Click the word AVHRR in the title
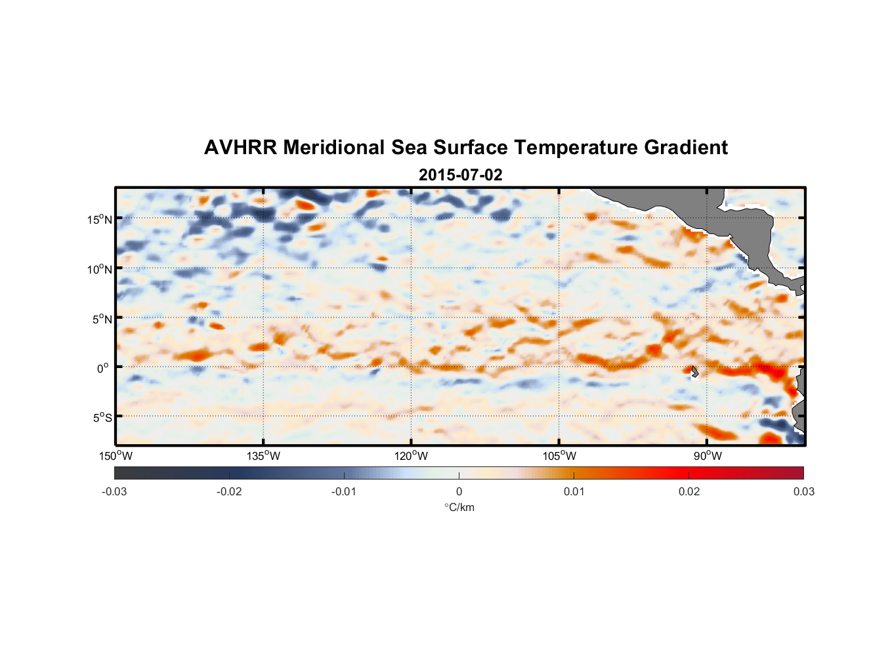[x=241, y=148]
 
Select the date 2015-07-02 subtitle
[x=460, y=175]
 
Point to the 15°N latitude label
[x=100, y=219]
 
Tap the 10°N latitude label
[x=100, y=269]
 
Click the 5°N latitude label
[x=102, y=319]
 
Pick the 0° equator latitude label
[x=103, y=369]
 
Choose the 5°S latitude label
[x=102, y=418]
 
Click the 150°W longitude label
[x=116, y=456]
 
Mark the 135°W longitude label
[x=264, y=456]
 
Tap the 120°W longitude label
[x=412, y=456]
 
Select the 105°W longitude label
[x=559, y=456]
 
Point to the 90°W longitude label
[x=708, y=456]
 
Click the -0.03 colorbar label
[x=114, y=491]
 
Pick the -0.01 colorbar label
[x=344, y=491]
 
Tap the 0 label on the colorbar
[x=459, y=491]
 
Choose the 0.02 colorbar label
[x=689, y=491]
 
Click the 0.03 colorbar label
[x=803, y=491]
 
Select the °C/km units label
[x=459, y=507]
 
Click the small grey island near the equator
[x=694, y=371]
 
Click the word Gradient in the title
[x=686, y=148]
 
